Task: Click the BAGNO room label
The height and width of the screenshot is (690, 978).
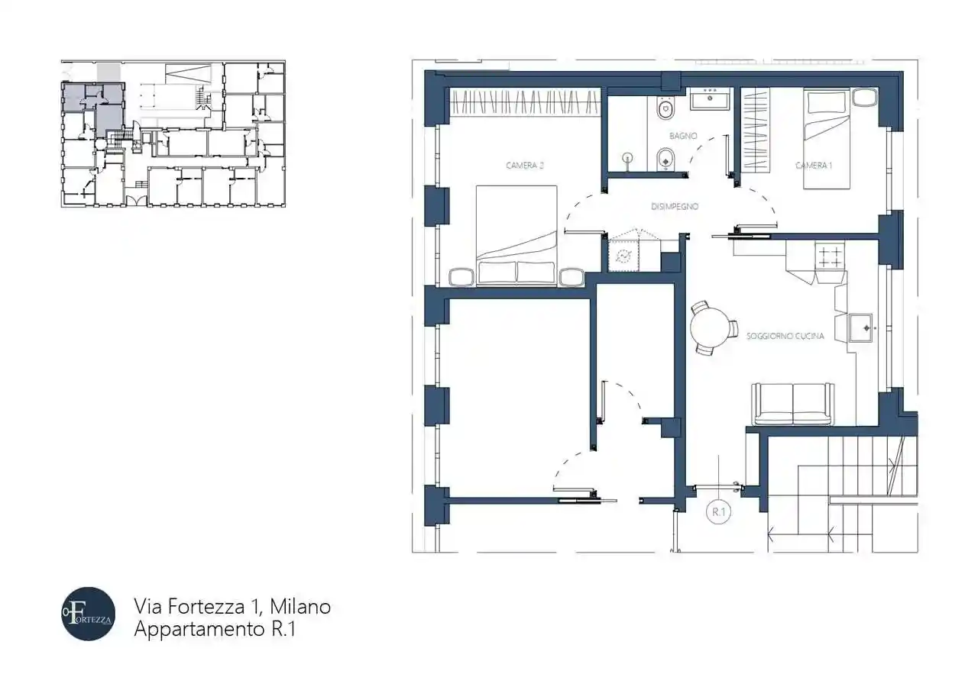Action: (x=683, y=136)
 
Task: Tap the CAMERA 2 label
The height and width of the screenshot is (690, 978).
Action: (x=524, y=165)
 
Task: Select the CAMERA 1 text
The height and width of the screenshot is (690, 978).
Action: (x=812, y=165)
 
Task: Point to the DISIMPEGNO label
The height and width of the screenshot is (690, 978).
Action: (x=675, y=206)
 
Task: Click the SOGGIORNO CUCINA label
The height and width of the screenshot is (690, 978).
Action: (x=785, y=336)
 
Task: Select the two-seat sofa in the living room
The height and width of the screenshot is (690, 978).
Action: (x=792, y=404)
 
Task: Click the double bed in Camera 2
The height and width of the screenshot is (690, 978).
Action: (x=516, y=233)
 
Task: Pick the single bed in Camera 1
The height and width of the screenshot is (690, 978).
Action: (x=827, y=139)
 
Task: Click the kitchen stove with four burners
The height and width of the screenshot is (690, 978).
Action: (x=831, y=254)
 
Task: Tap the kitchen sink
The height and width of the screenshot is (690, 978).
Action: (x=862, y=327)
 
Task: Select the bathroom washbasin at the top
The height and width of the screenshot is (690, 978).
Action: (x=711, y=98)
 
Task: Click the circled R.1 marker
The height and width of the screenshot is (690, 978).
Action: (x=718, y=512)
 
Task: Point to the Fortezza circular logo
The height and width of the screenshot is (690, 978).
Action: (x=89, y=614)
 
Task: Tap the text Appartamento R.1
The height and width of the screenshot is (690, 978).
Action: (x=214, y=630)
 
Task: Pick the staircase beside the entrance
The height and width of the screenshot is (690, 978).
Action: (x=840, y=488)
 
